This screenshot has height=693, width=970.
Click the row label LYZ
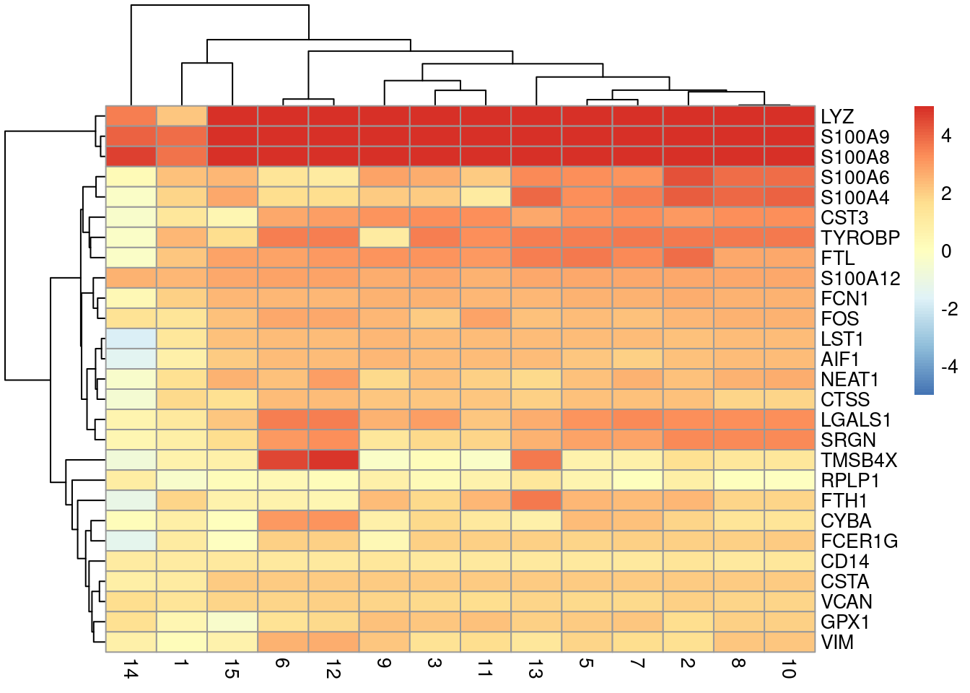836,117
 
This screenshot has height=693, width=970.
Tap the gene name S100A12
860,279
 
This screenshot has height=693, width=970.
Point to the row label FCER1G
859,541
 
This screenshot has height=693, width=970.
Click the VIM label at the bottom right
836,642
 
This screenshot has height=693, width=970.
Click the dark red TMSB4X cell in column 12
333,461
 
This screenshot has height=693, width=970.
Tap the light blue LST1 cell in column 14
131,339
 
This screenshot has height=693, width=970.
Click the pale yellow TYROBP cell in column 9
384,238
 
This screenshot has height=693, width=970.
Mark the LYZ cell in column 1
181,116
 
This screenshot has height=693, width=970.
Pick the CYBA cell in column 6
283,521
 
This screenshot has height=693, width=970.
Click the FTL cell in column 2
688,258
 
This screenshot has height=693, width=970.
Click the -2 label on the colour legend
949,310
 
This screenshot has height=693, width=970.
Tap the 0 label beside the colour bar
946,251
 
